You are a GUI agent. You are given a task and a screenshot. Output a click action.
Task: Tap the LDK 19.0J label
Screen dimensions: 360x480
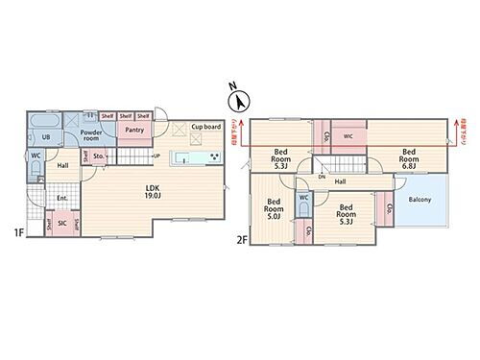tap(152, 191)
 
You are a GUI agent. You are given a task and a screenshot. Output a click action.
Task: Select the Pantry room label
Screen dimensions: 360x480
tap(135, 130)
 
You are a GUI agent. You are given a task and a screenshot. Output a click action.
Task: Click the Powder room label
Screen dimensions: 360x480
tap(92, 135)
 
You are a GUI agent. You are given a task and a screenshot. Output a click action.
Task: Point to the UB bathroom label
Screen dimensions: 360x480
tap(45, 136)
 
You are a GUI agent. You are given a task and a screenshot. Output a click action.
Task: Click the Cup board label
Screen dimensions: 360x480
tap(206, 126)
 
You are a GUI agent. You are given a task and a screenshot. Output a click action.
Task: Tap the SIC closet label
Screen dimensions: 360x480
tap(62, 223)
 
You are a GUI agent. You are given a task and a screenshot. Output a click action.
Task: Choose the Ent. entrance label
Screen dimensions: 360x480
tap(61, 198)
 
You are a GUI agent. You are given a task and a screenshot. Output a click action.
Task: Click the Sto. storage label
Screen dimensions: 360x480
tap(99, 156)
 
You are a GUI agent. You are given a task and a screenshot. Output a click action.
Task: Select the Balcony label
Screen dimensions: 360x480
tap(420, 199)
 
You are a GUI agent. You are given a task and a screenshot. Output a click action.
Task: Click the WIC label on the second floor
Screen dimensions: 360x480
tap(349, 135)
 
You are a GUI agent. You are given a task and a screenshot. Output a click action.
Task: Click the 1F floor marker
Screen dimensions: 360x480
tap(19, 231)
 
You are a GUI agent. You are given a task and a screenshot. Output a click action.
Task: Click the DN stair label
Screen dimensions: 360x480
tap(322, 178)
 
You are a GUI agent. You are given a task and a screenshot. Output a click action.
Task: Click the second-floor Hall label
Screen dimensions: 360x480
tap(340, 180)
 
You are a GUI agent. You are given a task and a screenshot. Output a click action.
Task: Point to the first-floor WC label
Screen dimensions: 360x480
tap(35, 156)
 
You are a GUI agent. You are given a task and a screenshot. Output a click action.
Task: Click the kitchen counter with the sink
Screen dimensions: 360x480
tap(195, 158)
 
